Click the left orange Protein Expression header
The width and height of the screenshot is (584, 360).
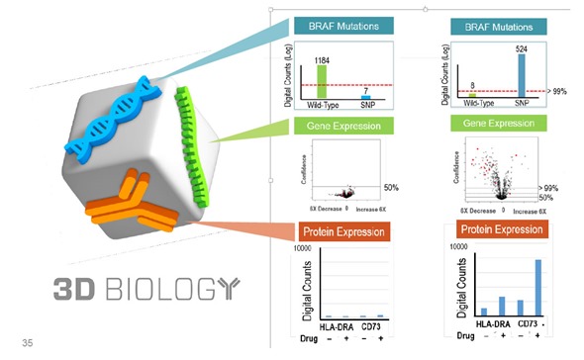344,232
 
